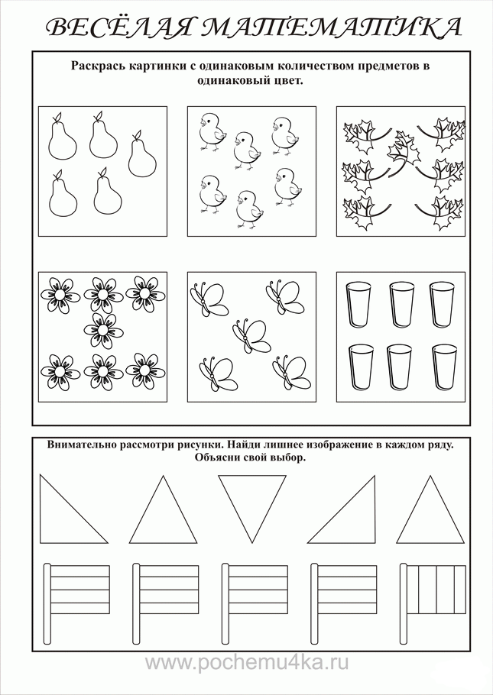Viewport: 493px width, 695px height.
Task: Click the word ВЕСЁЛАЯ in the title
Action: pyautogui.click(x=120, y=28)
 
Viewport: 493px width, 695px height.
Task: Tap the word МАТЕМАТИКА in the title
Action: pyautogui.click(x=331, y=28)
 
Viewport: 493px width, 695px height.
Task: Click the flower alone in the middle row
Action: pyautogui.click(x=102, y=330)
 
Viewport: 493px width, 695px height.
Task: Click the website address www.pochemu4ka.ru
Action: pyautogui.click(x=247, y=663)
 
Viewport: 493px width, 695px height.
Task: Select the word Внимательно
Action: pyautogui.click(x=81, y=444)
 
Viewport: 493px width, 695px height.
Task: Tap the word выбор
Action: pyautogui.click(x=291, y=458)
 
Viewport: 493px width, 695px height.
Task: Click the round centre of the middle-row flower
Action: pyautogui.click(x=102, y=330)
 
